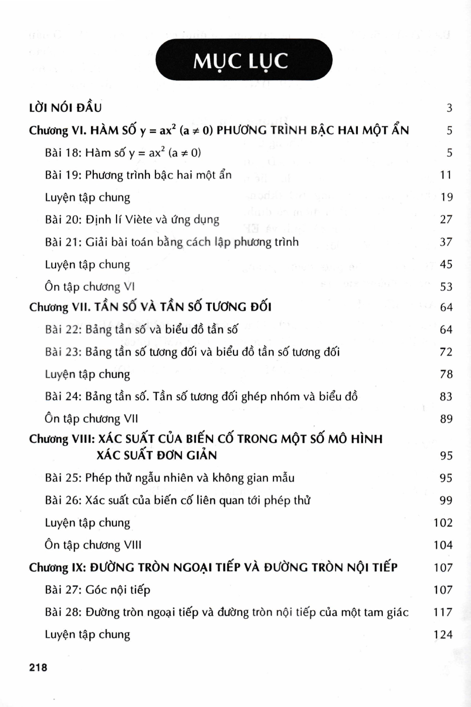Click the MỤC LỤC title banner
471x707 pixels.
click(244, 60)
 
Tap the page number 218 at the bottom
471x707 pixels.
click(38, 667)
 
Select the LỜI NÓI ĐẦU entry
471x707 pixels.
click(65, 108)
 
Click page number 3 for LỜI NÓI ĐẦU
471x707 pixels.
click(449, 108)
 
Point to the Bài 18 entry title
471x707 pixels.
click(123, 153)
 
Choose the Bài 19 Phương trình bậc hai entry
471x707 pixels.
click(138, 175)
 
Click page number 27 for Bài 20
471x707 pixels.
click(446, 220)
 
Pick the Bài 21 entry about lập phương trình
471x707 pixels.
click(172, 242)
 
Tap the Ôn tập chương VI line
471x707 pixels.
click(90, 287)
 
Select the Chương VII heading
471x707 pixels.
click(150, 307)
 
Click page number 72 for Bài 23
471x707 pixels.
click(446, 352)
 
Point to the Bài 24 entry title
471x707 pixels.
click(201, 396)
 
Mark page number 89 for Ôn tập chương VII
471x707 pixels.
click(446, 419)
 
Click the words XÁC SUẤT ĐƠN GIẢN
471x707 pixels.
click(157, 455)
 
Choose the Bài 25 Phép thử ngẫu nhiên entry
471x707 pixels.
click(170, 478)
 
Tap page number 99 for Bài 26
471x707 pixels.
click(446, 500)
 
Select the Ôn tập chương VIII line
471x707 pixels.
click(93, 545)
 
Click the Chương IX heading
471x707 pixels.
click(213, 567)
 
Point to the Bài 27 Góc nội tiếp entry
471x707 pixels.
click(98, 590)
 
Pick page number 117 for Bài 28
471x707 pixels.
click(443, 612)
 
